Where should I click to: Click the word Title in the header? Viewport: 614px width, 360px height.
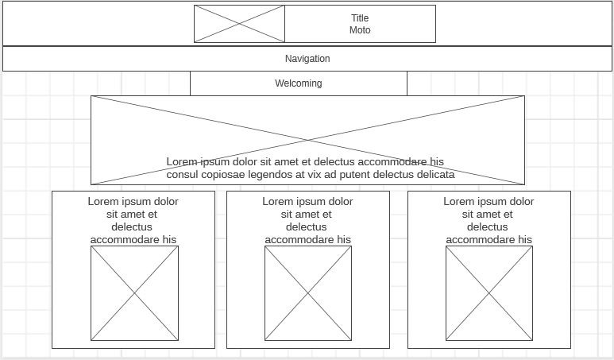360,18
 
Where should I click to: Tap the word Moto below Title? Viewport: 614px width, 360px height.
360,29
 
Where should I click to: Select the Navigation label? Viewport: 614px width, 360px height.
307,59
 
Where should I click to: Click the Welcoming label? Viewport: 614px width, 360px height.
299,83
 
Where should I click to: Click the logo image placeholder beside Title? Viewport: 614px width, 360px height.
240,24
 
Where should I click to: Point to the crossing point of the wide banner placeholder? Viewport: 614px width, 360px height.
307,140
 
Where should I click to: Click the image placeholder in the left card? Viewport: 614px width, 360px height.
135,293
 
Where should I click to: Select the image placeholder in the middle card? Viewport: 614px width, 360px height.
308,293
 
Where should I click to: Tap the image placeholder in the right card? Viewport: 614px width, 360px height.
489,293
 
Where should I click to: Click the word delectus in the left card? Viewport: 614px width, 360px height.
132,226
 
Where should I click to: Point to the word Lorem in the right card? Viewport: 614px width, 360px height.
457,201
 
